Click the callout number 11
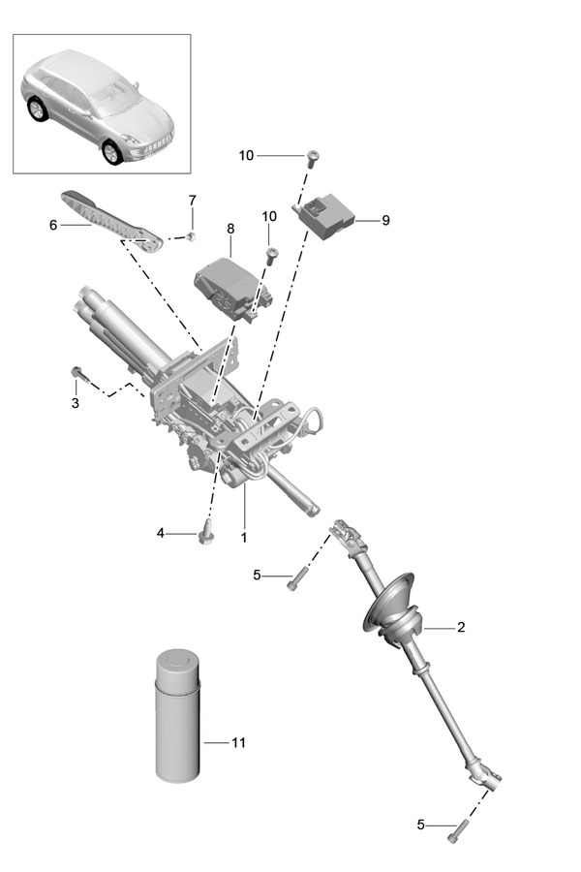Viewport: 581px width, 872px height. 238,743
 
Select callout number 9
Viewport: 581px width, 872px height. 384,220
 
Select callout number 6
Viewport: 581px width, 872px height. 53,225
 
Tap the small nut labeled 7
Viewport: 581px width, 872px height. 192,235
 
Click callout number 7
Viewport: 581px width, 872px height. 192,200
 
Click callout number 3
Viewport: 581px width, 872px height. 75,402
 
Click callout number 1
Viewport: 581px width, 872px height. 244,536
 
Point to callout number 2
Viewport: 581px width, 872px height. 461,627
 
